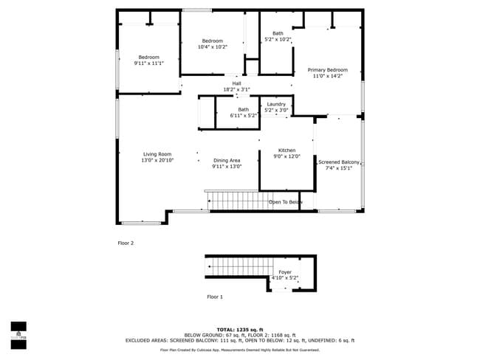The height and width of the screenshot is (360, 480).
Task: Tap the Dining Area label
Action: pos(227,160)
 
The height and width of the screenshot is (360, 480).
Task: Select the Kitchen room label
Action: pos(287,150)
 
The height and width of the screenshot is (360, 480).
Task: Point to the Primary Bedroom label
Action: pos(327,70)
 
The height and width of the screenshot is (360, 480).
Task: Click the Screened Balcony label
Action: pos(339,162)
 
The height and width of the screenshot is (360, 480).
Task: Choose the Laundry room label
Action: pos(277,104)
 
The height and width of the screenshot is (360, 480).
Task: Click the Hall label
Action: pos(236,83)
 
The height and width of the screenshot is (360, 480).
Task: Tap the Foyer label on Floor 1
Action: pos(285,272)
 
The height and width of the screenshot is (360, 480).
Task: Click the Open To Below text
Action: pos(285,201)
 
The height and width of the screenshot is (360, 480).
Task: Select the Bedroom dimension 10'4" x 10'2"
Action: pos(213,46)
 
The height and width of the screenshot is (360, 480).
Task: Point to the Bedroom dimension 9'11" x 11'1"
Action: pos(148,63)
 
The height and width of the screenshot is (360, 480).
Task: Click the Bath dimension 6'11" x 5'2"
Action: pos(243,115)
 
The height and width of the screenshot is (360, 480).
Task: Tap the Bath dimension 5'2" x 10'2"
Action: pos(278,39)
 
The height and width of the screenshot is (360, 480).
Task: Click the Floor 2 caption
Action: pos(126,243)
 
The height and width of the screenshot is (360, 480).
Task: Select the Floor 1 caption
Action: pos(215,297)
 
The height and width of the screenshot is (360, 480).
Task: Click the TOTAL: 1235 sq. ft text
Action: pos(239,330)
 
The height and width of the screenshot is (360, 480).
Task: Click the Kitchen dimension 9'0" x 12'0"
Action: pos(287,156)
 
